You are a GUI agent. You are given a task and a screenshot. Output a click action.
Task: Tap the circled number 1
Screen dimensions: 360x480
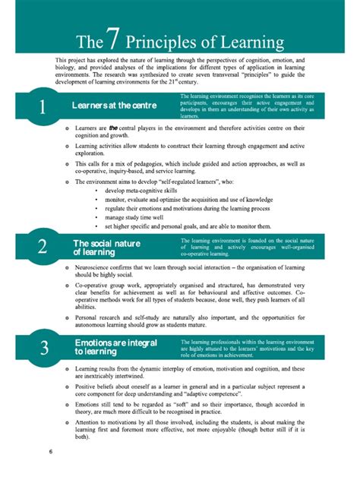click(x=41, y=107)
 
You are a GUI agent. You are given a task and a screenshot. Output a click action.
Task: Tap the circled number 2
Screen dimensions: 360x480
click(x=41, y=246)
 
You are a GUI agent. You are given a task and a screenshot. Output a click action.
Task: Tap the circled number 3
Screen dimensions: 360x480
click(x=41, y=348)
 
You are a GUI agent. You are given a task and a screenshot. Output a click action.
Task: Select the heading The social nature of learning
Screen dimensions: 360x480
click(x=108, y=247)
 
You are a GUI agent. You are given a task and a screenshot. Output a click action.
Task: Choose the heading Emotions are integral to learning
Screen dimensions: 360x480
click(x=115, y=348)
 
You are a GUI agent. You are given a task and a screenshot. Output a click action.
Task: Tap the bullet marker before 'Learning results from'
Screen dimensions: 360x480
click(x=66, y=369)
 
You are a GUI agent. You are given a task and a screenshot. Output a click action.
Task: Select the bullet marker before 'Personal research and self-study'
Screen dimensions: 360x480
click(x=66, y=317)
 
